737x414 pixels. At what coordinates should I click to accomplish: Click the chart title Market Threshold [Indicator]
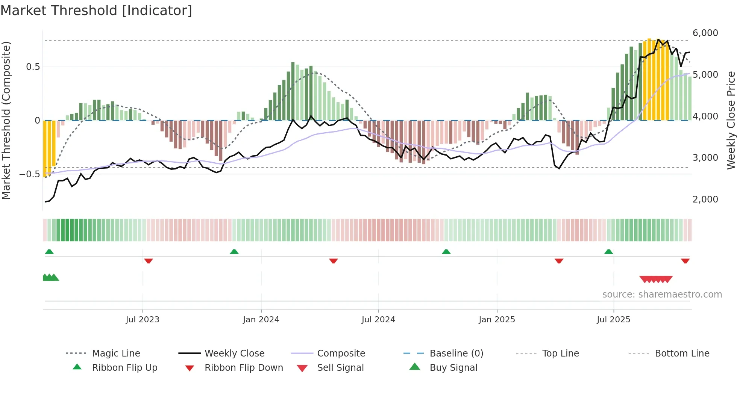coord(96,11)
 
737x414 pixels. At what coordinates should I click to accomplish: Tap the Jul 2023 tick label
coord(143,320)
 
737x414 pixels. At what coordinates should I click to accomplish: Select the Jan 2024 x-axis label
coord(261,320)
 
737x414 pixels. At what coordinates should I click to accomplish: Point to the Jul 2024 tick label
coord(378,320)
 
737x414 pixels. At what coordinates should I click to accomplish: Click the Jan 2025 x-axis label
coord(497,320)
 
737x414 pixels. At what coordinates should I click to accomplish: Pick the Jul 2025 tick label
coord(613,320)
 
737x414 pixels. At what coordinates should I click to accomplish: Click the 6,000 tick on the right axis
coord(705,33)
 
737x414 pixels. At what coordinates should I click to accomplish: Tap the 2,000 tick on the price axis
coord(705,199)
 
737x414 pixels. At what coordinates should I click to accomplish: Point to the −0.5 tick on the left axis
coord(30,174)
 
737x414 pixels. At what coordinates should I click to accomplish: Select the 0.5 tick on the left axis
coord(33,67)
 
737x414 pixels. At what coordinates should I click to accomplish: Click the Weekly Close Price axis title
coord(731,120)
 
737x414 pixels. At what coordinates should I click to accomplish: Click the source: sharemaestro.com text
coord(662,295)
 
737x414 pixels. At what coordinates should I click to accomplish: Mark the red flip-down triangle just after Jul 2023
coord(149,261)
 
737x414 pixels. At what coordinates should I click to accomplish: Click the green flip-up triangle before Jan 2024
coord(234,252)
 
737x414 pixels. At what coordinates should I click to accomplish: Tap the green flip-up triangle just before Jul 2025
coord(608,252)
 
